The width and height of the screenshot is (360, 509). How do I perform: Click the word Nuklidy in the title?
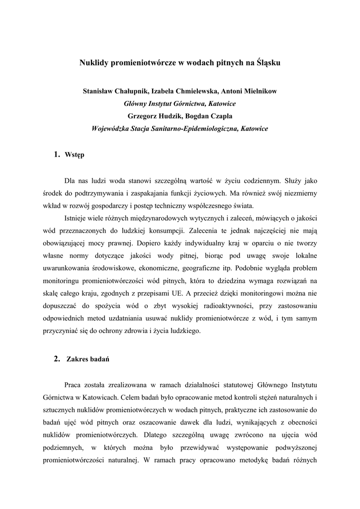(94, 64)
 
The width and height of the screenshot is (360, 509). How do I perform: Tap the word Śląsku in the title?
(267, 64)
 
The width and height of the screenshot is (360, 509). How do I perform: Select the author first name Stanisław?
(99, 91)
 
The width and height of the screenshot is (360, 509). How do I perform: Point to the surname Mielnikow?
(257, 91)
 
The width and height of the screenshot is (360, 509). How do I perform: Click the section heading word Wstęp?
(75, 155)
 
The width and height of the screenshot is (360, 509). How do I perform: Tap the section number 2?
(56, 359)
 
